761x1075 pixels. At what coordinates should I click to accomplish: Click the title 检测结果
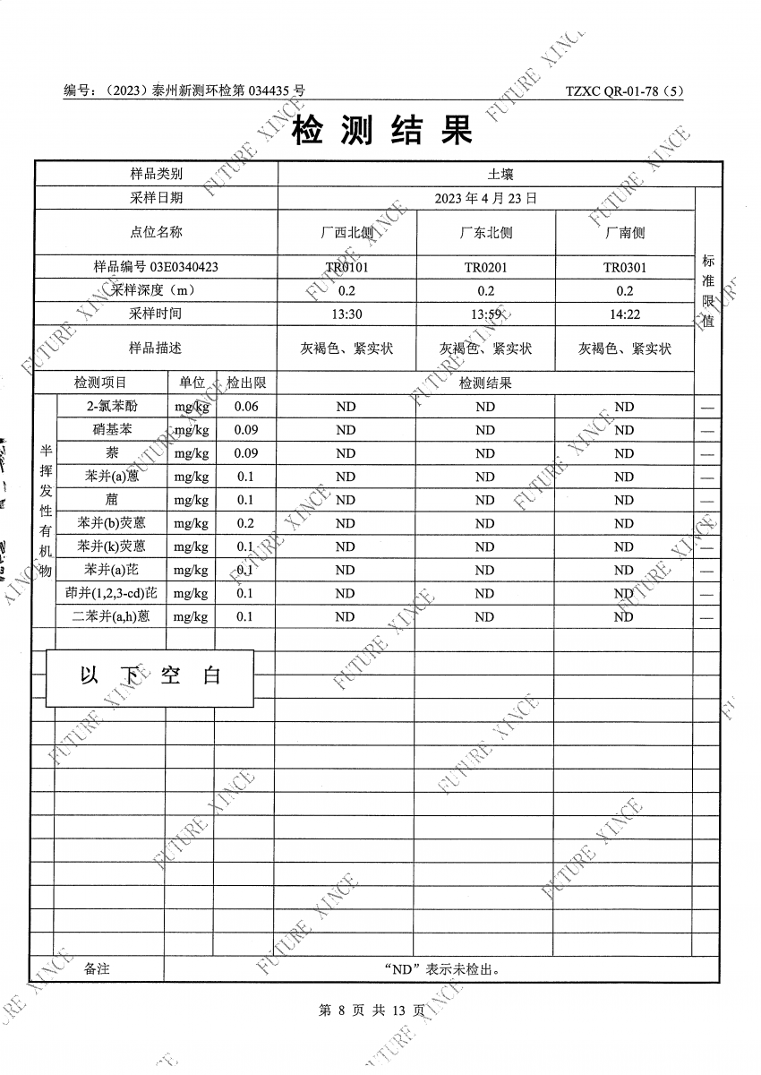(x=381, y=133)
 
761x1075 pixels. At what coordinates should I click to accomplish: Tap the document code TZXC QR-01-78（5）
(x=624, y=91)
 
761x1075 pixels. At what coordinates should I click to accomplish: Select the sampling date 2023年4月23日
(x=485, y=198)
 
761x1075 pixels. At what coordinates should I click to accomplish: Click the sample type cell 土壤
(x=500, y=174)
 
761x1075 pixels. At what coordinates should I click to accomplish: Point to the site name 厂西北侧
(x=346, y=233)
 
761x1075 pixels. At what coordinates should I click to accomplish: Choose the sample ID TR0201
(x=485, y=267)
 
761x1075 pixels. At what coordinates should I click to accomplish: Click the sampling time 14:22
(x=624, y=314)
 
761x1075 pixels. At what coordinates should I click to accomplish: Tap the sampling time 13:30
(x=346, y=314)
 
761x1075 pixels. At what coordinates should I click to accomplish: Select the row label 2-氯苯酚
(x=112, y=407)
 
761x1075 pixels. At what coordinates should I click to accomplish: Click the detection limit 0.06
(x=245, y=407)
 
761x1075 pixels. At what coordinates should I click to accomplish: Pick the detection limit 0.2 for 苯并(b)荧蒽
(x=245, y=523)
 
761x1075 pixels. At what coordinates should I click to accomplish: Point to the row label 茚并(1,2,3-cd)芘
(x=112, y=593)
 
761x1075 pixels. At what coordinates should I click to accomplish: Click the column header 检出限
(x=245, y=383)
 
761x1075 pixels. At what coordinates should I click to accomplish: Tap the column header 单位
(x=192, y=383)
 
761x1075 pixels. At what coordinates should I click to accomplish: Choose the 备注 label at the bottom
(x=97, y=969)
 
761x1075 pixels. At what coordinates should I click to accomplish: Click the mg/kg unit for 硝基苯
(x=191, y=430)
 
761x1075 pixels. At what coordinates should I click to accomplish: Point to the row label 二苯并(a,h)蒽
(x=112, y=616)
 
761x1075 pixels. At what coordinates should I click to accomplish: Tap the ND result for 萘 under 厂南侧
(x=624, y=453)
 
